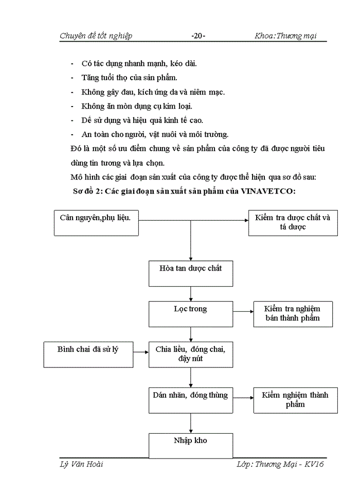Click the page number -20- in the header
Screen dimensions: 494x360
(198, 36)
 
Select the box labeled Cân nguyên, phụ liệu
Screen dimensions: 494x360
(96, 222)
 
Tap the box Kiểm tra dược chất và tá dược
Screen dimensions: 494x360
(293, 222)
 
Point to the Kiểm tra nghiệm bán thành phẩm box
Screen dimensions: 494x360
(292, 314)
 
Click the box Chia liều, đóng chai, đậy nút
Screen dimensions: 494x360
(191, 355)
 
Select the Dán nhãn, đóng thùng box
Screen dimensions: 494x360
(191, 399)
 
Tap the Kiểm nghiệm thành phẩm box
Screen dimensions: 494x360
(295, 400)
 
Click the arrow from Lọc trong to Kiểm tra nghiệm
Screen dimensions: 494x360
(243, 312)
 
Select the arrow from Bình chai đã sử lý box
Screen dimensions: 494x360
(140, 352)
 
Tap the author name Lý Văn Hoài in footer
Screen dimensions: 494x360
(81, 464)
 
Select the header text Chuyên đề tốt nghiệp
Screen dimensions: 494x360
(96, 36)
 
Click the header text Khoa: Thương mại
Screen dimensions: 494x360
(285, 36)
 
